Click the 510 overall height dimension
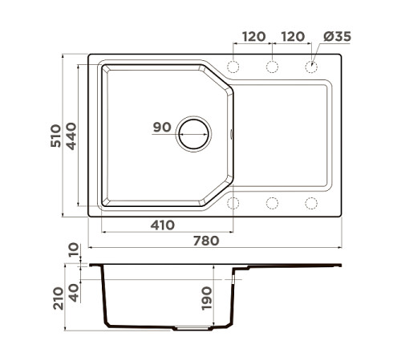(55, 136)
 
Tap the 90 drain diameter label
(161, 127)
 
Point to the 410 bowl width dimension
(163, 225)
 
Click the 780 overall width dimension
(207, 240)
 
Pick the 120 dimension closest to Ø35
(293, 37)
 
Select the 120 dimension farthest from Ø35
(253, 37)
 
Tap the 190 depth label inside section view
(206, 298)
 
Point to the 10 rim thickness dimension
(75, 253)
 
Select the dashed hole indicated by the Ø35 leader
(311, 66)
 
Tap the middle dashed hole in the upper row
(273, 66)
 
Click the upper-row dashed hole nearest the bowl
(233, 66)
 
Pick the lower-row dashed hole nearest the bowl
(233, 202)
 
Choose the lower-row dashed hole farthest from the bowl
(311, 202)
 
